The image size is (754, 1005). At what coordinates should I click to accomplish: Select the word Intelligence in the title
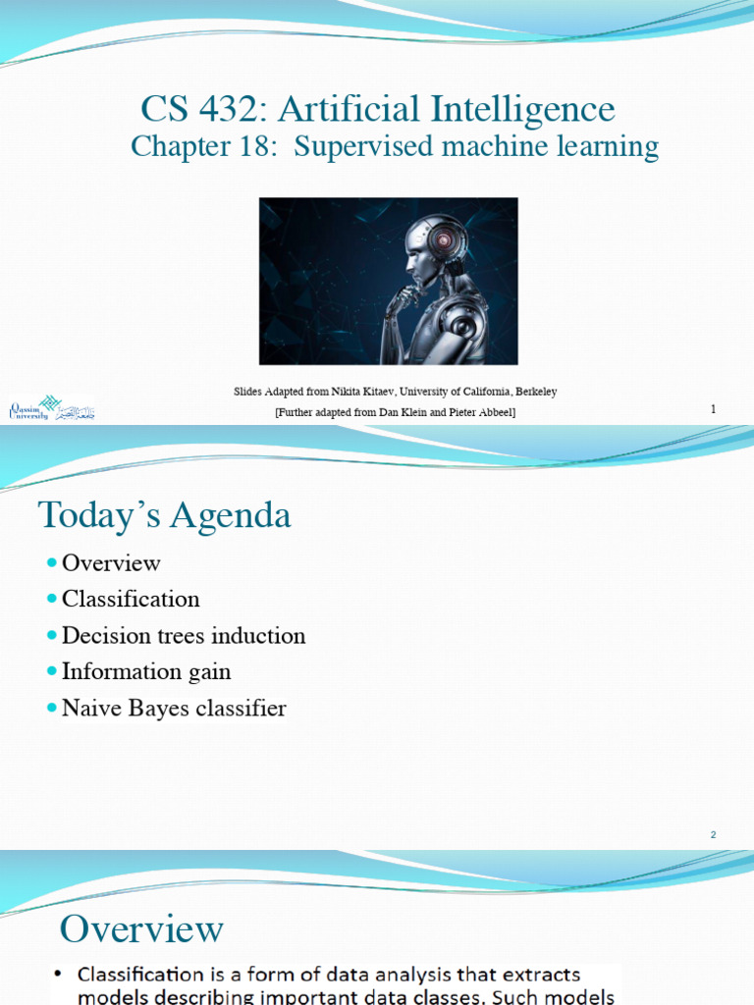(x=526, y=109)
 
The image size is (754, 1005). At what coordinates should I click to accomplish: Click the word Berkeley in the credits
(x=533, y=392)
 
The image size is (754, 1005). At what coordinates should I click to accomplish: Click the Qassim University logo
(x=49, y=408)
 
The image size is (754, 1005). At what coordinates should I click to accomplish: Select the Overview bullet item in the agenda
(x=111, y=563)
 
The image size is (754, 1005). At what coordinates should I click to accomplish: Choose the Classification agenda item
(x=131, y=600)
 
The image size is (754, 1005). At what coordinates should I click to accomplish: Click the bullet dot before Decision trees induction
(x=51, y=636)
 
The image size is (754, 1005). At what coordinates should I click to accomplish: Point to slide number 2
(x=714, y=834)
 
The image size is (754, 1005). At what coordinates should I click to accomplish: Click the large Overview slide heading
(x=141, y=928)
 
